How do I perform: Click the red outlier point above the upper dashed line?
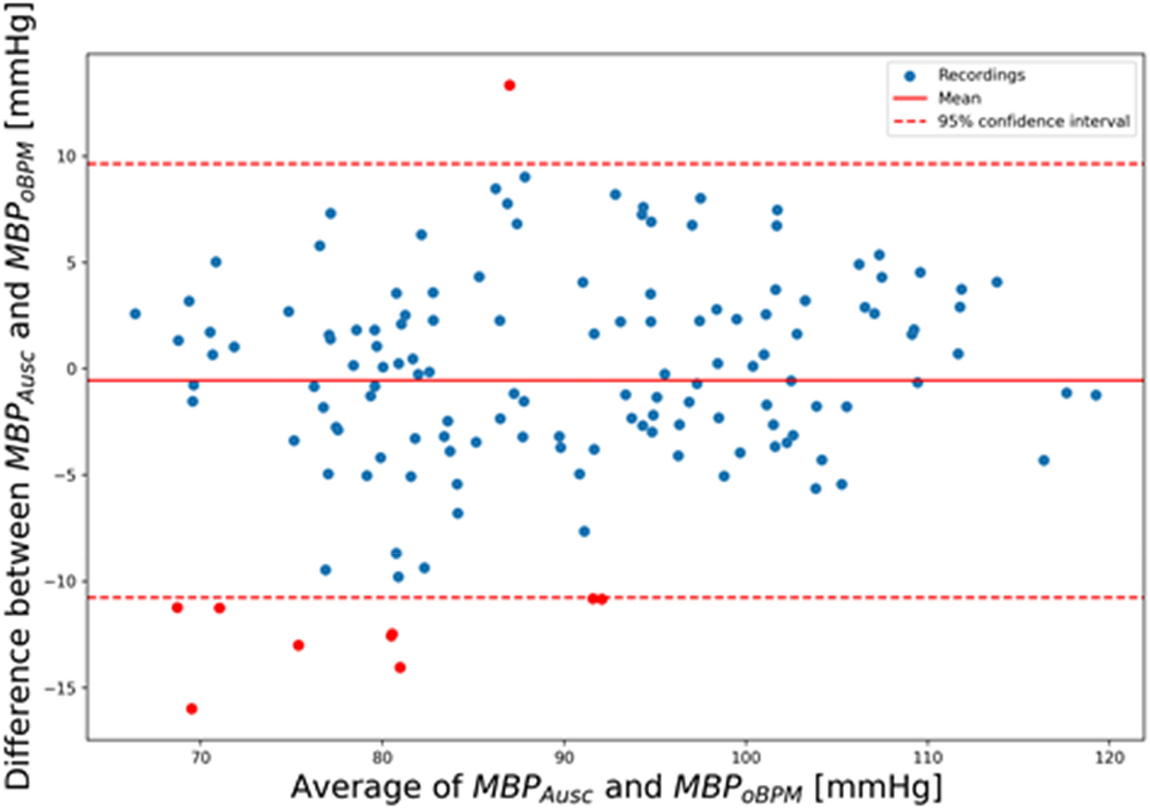509,85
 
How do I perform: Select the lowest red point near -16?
192,708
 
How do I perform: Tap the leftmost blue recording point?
135,314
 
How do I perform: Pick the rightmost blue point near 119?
1096,395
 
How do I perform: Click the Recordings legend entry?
981,75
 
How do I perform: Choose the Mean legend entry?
959,99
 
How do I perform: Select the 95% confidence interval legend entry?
1033,121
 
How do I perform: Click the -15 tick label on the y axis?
60,688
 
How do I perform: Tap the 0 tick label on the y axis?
72,369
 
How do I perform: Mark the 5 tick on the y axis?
72,263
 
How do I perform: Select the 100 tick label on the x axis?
745,758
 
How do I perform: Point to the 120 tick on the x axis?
1108,758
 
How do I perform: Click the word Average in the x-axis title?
374,787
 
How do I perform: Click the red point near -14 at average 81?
400,667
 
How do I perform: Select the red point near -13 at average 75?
298,645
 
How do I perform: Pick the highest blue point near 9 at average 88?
525,177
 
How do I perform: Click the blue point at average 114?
997,282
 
